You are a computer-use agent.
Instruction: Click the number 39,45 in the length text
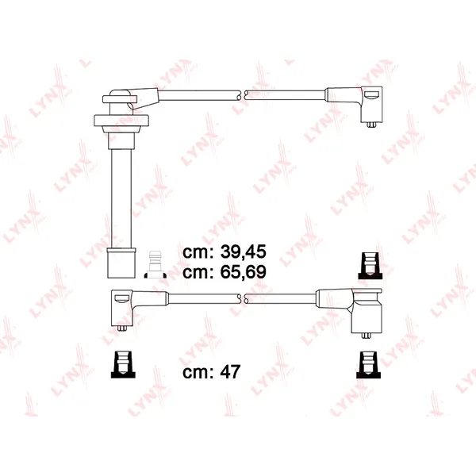tap(244, 251)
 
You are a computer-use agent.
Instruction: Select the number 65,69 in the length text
tap(244, 271)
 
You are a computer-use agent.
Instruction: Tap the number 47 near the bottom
tap(230, 371)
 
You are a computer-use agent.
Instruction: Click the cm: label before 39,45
tap(199, 253)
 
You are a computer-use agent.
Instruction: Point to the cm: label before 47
tap(199, 373)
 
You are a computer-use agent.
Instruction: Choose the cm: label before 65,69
tap(199, 273)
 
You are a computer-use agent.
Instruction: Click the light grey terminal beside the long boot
tap(155, 264)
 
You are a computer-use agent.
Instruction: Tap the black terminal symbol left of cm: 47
tap(123, 365)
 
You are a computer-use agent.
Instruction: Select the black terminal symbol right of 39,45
tap(370, 266)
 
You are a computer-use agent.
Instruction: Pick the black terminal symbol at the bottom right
tap(368, 365)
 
